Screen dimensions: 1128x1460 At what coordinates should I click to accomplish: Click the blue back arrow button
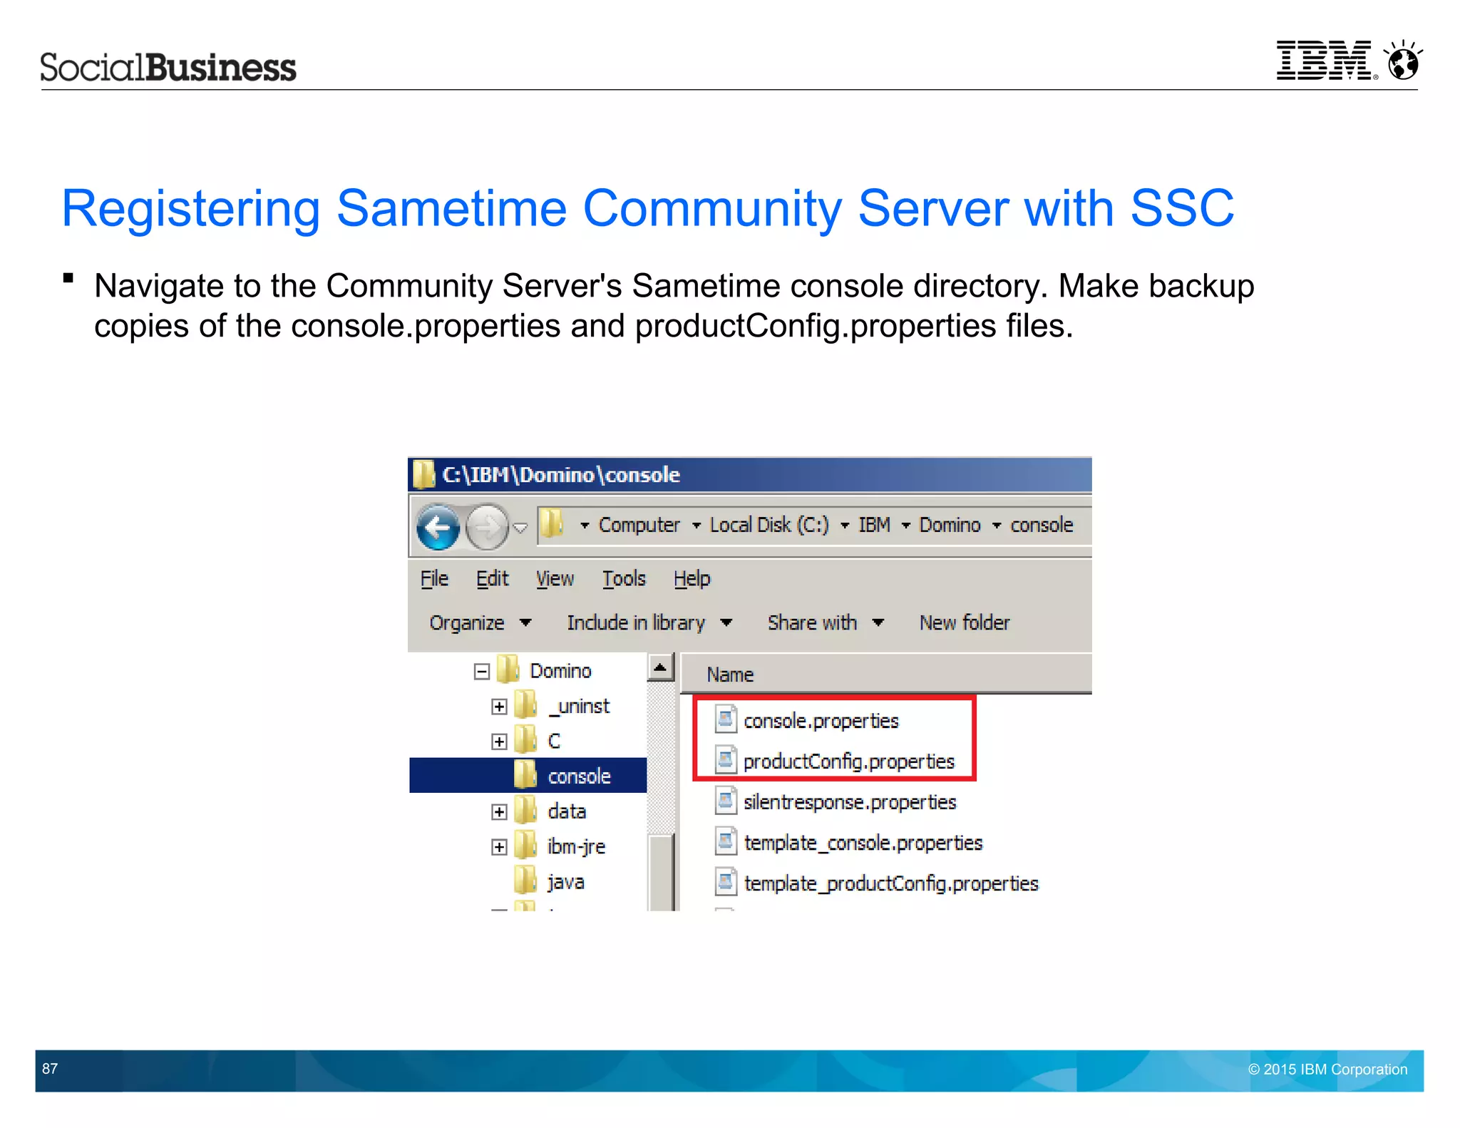(438, 528)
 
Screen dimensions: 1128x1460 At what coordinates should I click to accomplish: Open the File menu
(434, 578)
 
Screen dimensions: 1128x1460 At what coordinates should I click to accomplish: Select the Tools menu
(624, 578)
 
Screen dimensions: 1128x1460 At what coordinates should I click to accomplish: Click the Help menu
(692, 578)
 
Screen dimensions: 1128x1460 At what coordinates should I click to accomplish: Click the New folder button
(964, 622)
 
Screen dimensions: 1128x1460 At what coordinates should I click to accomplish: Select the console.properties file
(821, 721)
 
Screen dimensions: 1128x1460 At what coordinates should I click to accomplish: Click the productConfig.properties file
(848, 762)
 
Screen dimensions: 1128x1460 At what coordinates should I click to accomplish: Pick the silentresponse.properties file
(849, 802)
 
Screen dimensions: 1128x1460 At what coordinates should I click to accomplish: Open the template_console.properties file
(863, 843)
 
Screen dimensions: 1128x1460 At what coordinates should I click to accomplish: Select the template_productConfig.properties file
(890, 883)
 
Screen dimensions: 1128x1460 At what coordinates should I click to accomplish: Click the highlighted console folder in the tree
(578, 776)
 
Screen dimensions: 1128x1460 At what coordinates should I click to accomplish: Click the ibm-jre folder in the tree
(575, 846)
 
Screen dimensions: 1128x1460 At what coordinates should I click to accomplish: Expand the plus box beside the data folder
(499, 812)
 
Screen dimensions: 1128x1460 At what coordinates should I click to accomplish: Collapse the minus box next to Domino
(482, 671)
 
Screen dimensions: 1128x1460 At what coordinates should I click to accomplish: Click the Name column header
(730, 675)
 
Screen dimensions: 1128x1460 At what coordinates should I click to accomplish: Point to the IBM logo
(1324, 61)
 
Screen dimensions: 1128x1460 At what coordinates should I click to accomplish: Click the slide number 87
(50, 1069)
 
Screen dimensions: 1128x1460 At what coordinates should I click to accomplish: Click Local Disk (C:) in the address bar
(769, 525)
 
